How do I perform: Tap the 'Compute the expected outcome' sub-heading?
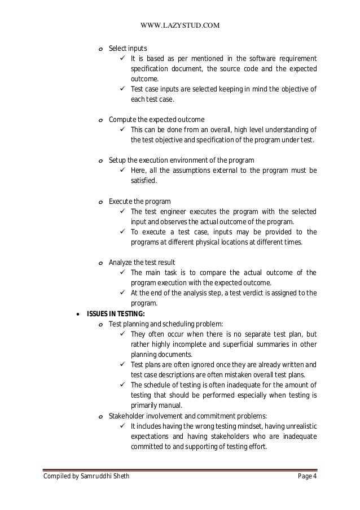coord(156,119)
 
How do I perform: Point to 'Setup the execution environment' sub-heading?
coord(181,160)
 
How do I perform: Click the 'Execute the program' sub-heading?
coord(139,201)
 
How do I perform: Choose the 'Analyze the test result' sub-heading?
coord(142,263)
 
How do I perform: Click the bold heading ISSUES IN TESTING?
coord(115,314)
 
